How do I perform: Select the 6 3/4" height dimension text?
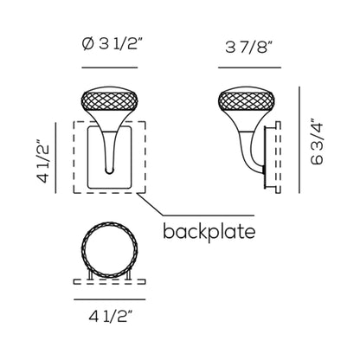(x=318, y=141)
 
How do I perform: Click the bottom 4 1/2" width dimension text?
(x=110, y=317)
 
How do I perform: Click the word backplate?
(x=209, y=232)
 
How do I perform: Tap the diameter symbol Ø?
(x=88, y=44)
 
